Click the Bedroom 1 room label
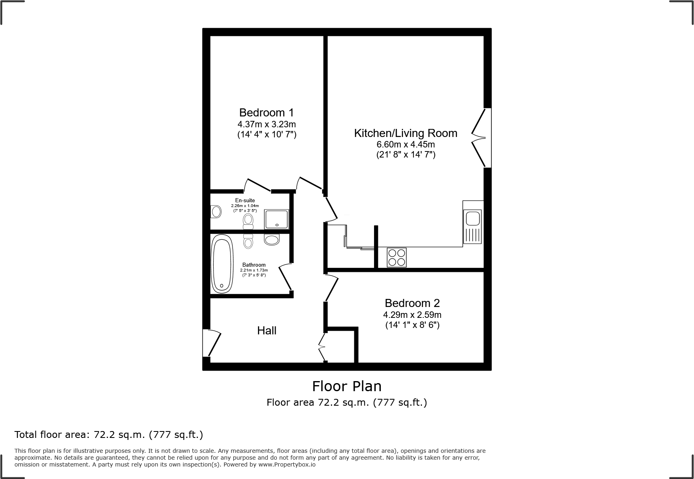(x=266, y=112)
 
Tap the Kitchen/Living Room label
(x=405, y=133)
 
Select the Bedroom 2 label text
(x=412, y=303)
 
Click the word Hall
(x=267, y=331)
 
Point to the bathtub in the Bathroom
(x=222, y=264)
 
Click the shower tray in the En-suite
(x=276, y=219)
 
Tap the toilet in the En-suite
(x=248, y=221)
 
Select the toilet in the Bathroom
(x=248, y=241)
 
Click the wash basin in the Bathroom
(x=272, y=240)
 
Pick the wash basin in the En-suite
(x=216, y=212)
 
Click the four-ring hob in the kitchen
(x=397, y=257)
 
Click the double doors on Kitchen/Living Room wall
(x=480, y=138)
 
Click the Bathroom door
(x=285, y=277)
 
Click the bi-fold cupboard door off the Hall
(x=322, y=346)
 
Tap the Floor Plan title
(x=347, y=386)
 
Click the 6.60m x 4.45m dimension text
(x=405, y=144)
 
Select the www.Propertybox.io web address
(x=287, y=464)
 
